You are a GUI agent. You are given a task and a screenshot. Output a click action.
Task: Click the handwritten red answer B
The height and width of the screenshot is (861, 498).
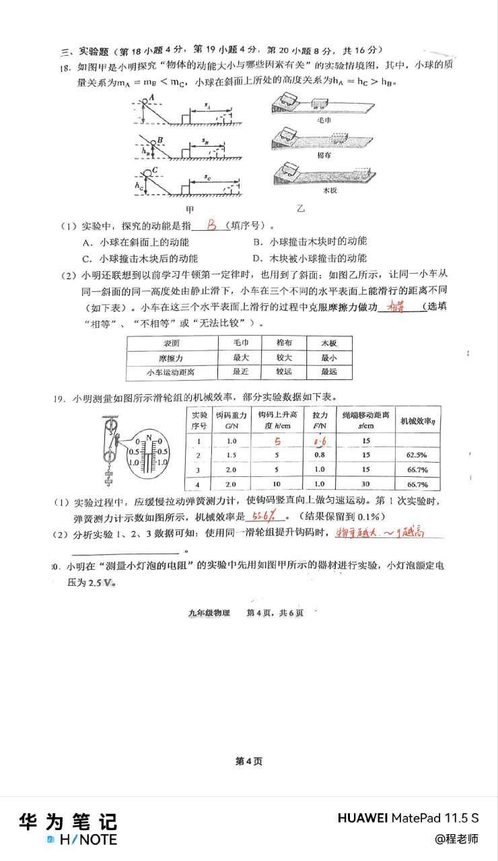[212, 225]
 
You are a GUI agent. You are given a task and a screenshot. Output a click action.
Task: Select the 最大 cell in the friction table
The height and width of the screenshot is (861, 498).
[241, 357]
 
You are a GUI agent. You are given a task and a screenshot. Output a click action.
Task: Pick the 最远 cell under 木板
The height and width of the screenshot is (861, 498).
[328, 371]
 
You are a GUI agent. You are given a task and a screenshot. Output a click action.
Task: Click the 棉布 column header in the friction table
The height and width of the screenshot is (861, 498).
[285, 342]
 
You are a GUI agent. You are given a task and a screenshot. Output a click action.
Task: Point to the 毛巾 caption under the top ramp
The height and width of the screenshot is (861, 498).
[323, 118]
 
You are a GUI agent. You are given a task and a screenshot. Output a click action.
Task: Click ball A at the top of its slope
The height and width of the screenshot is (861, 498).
[146, 101]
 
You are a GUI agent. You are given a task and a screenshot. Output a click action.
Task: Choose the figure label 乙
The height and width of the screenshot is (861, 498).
[301, 209]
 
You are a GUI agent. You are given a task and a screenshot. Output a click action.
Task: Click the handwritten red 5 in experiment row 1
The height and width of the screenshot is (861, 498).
[276, 441]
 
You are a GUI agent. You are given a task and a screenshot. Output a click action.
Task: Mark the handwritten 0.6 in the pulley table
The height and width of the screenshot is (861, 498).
[319, 441]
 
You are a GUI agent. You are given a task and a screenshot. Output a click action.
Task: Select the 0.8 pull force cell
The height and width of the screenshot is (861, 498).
[319, 455]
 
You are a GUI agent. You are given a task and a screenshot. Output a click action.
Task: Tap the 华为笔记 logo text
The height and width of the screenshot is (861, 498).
[67, 821]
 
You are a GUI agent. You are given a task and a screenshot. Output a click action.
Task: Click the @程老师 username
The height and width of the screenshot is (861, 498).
[456, 839]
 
